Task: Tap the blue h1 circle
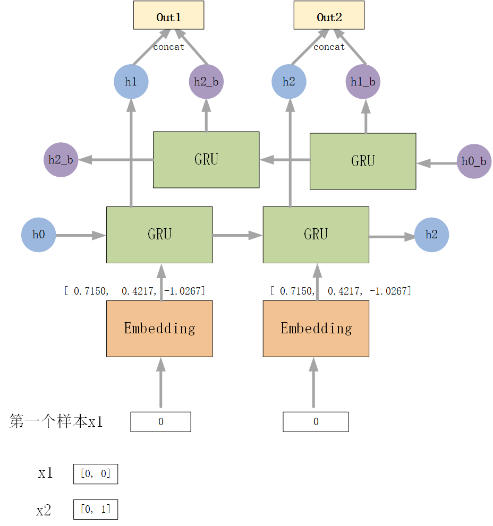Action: (x=131, y=82)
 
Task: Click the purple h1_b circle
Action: (x=363, y=82)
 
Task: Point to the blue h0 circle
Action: (x=38, y=235)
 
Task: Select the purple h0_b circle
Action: (x=473, y=161)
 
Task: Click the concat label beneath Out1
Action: (x=168, y=47)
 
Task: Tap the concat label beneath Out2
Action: (x=329, y=47)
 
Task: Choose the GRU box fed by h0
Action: (x=159, y=235)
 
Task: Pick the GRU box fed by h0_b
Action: (x=363, y=161)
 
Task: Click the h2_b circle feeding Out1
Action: (x=206, y=82)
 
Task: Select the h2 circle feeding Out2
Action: (x=288, y=82)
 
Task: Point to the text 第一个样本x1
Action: (x=56, y=422)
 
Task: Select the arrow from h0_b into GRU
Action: (x=437, y=163)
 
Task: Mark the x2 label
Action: (x=44, y=511)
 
